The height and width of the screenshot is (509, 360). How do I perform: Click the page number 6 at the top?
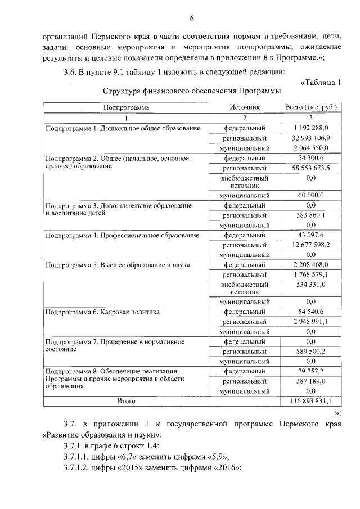tap(191, 19)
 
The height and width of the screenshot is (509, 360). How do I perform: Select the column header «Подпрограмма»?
tap(126, 107)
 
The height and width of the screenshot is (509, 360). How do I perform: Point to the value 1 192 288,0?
tap(310, 128)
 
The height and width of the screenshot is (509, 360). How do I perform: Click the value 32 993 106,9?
tap(310, 138)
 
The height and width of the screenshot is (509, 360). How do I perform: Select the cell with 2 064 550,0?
tap(310, 148)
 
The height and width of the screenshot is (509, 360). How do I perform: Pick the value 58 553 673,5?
tap(310, 168)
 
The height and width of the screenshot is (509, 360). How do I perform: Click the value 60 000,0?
tap(310, 195)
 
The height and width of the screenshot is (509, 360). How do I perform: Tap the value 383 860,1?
tap(310, 215)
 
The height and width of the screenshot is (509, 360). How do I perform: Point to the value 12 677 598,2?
tap(310, 245)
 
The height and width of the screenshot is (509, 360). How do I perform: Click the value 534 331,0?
tap(310, 285)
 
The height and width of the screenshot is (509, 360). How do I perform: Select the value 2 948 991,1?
tap(310, 322)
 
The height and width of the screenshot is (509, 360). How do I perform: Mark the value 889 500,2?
tap(310, 351)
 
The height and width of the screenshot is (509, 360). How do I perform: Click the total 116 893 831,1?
tap(310, 401)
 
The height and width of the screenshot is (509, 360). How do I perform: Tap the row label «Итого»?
tap(126, 401)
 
